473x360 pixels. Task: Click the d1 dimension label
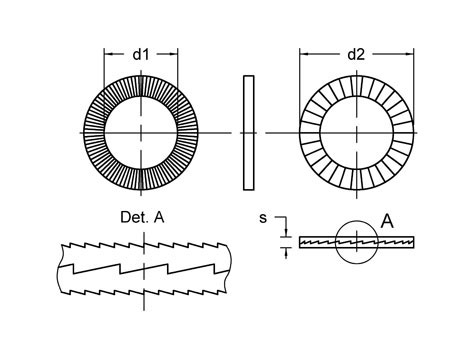[x=141, y=54]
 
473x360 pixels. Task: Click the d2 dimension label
[x=356, y=54]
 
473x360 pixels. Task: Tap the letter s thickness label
[x=263, y=218]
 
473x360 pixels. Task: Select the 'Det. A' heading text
[x=142, y=217]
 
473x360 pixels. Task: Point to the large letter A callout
[x=387, y=221]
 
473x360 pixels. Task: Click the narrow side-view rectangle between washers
[x=249, y=133]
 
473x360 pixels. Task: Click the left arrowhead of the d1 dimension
[x=109, y=54]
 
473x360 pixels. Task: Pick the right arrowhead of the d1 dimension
[x=173, y=54]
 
